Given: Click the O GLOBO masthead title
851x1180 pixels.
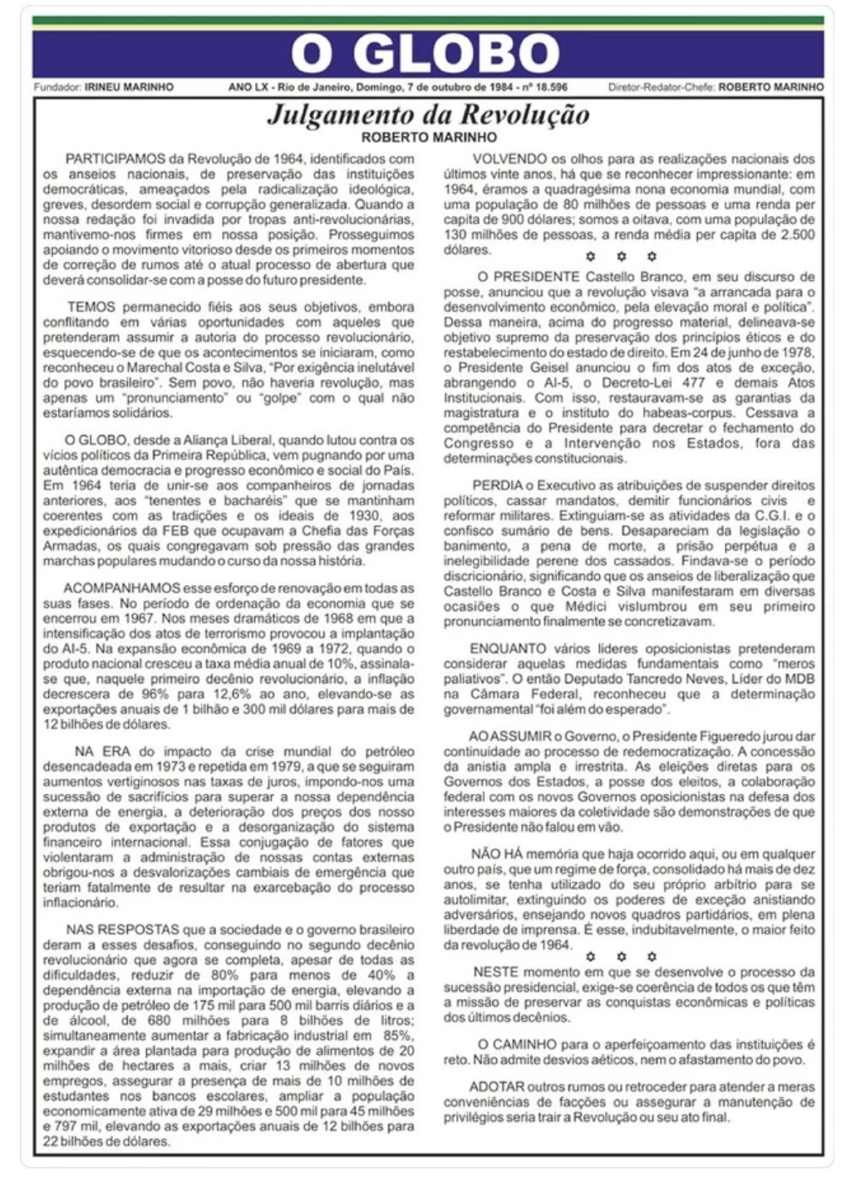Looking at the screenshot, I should click(425, 55).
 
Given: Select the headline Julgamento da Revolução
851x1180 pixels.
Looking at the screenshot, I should click(428, 115).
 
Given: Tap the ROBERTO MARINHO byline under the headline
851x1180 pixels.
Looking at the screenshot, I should click(429, 137).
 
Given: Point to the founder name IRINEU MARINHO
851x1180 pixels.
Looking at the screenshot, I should click(129, 86).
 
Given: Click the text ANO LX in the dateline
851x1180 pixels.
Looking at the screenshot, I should click(246, 86).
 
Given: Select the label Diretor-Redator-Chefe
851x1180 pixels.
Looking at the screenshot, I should click(661, 86).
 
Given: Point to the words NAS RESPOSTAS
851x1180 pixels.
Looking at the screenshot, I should click(110, 929).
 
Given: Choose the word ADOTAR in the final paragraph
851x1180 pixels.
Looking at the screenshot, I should click(497, 1087).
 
